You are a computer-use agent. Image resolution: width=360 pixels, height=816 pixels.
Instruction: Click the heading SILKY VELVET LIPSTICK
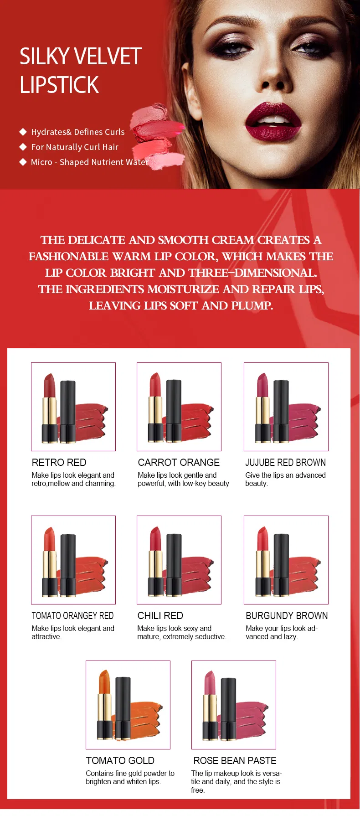pos(80,71)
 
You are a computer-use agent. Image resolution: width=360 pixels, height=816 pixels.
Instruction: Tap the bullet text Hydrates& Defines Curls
pos(77,132)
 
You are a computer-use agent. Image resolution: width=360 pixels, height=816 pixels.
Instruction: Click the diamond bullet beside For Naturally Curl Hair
pos(23,147)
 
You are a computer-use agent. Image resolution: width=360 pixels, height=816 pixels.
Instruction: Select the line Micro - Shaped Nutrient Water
pos(90,162)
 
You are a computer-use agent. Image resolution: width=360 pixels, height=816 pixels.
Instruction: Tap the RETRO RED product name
pos(59,462)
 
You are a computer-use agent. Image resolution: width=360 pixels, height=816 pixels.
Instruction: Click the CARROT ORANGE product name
pos(179,462)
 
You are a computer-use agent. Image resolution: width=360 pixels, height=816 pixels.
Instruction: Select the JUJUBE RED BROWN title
pos(285,462)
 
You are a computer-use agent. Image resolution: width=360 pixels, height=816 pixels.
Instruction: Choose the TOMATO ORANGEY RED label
pos(72,615)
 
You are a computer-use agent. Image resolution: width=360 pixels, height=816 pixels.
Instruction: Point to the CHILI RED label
pos(160,615)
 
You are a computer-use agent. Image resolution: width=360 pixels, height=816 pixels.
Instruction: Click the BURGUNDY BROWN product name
pos(287,615)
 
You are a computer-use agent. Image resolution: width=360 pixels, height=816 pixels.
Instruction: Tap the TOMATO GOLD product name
pos(120,760)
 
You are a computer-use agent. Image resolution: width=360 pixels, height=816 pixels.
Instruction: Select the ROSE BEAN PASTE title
pos(235,760)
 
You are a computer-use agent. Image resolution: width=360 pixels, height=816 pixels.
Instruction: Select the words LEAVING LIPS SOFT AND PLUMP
pos(181,305)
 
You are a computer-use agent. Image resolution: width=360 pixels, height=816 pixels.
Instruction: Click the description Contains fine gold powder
pos(130,773)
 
